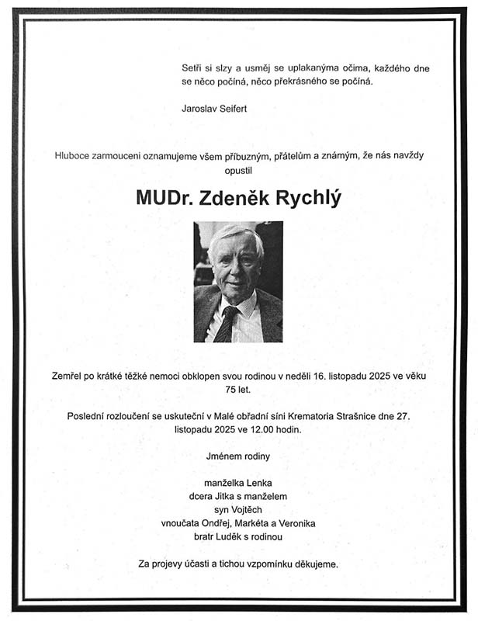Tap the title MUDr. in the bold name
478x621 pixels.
click(x=164, y=198)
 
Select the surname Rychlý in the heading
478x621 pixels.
click(x=305, y=199)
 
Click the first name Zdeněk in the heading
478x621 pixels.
click(x=232, y=198)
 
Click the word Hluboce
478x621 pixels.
click(x=73, y=155)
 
